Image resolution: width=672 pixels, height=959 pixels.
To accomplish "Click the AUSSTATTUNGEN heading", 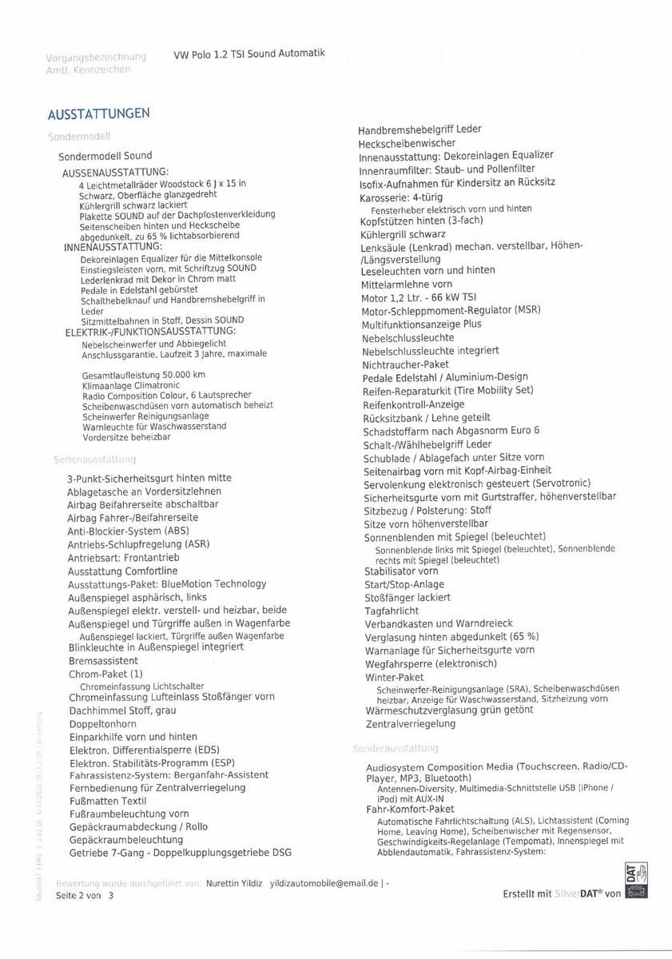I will (x=98, y=113).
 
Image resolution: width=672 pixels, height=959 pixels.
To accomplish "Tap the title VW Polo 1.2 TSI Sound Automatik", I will (x=249, y=54).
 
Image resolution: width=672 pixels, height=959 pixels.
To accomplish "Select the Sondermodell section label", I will (x=78, y=137).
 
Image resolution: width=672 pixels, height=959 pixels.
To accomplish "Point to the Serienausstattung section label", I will (x=94, y=460).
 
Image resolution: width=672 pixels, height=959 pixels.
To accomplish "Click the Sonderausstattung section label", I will (x=396, y=748).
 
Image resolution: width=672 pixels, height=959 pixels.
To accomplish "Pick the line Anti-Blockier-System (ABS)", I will (x=128, y=531).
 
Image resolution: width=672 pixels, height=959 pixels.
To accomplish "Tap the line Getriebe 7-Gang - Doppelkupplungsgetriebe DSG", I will (x=180, y=853).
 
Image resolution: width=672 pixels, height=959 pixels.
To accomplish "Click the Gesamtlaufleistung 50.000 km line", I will (x=143, y=375).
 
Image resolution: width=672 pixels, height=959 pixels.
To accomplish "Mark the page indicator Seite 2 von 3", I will (x=85, y=896).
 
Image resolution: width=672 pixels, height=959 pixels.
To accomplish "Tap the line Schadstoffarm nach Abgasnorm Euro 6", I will (x=451, y=431).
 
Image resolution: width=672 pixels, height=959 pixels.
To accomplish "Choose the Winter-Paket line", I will (x=394, y=678).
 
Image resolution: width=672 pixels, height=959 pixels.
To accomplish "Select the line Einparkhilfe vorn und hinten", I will (x=133, y=736).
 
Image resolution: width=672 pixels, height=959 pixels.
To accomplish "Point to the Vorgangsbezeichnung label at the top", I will (x=96, y=57).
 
